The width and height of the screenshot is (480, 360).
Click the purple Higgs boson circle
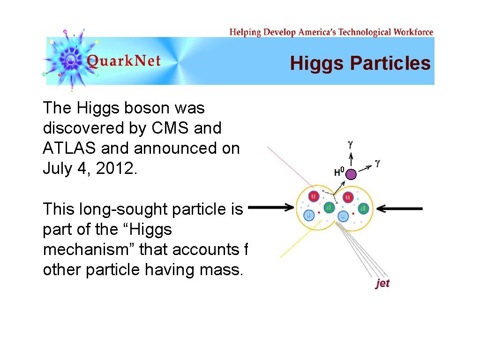click(351, 175)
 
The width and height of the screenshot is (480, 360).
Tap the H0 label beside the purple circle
click(338, 172)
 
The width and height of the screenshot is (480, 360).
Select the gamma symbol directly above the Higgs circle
click(351, 145)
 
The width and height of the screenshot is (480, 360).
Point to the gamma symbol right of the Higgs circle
click(377, 163)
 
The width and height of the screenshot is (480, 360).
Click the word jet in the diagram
click(382, 283)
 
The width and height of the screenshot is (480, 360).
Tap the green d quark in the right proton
click(364, 208)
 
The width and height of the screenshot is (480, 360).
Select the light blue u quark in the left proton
click(309, 215)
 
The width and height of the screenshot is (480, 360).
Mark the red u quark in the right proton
click(347, 197)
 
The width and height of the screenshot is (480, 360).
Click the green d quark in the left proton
click(330, 207)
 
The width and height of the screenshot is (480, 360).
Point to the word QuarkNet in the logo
click(124, 61)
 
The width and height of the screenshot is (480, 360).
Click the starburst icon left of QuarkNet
click(70, 60)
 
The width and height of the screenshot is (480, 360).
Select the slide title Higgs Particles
click(360, 63)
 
